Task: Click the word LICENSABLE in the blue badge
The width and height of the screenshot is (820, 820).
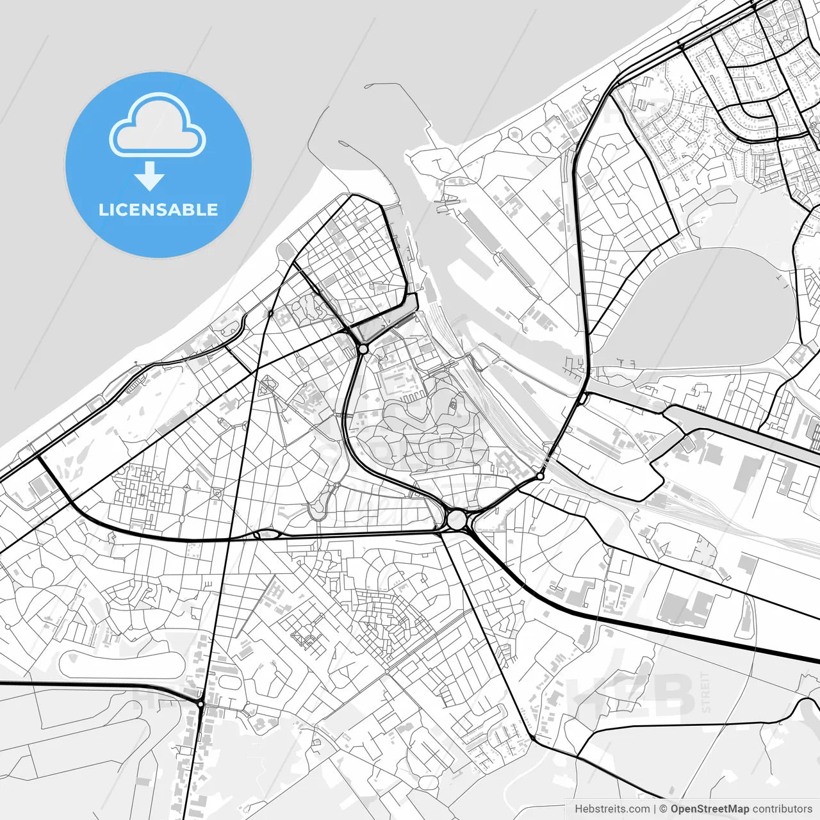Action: click(158, 210)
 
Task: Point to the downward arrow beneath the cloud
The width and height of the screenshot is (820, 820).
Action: click(150, 176)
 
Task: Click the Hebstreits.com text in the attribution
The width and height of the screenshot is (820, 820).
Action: click(612, 809)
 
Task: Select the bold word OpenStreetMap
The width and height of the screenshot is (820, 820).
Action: click(709, 809)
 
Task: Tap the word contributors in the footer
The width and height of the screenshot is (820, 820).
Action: click(782, 809)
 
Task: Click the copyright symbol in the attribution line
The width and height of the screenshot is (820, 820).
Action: click(663, 809)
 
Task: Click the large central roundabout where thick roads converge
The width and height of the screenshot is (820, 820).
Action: click(457, 520)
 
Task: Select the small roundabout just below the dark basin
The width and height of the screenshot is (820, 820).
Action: click(363, 349)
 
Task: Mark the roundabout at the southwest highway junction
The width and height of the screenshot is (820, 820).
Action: click(201, 704)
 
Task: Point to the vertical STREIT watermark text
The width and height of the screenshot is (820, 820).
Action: click(706, 692)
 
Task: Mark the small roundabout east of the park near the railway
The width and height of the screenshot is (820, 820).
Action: click(540, 476)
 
